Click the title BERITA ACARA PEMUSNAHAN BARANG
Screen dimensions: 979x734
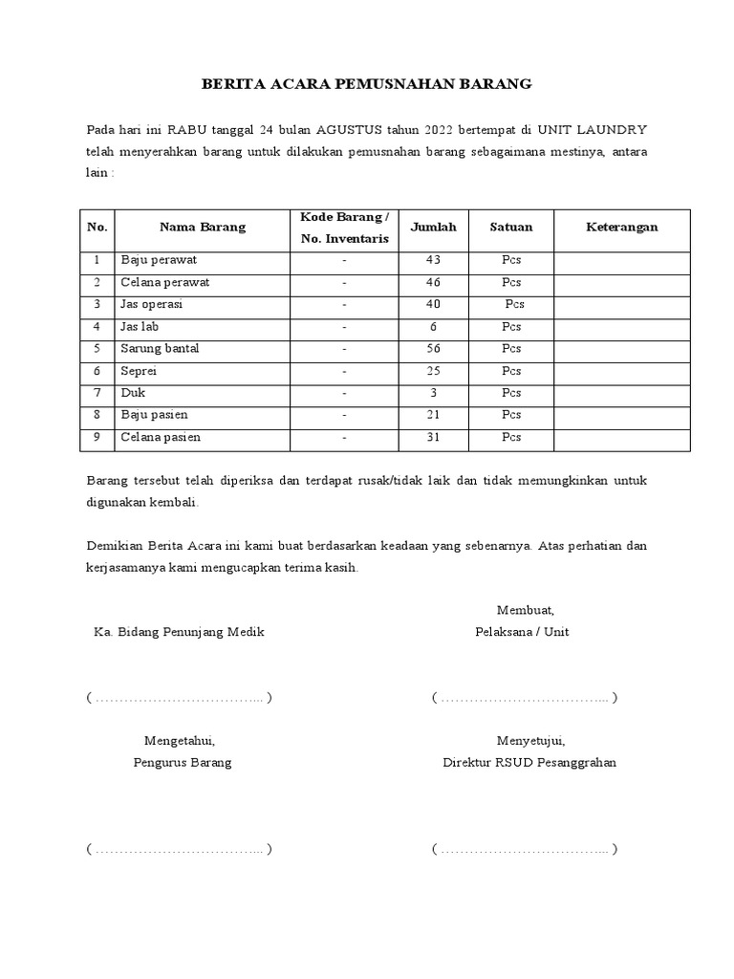click(x=366, y=84)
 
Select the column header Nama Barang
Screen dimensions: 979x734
click(x=202, y=228)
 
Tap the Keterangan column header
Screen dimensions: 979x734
click(x=621, y=228)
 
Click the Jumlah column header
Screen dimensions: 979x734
click(x=433, y=228)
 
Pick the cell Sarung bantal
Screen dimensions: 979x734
click(x=160, y=349)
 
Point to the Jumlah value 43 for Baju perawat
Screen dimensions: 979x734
click(x=433, y=260)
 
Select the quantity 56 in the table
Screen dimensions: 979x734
click(x=433, y=349)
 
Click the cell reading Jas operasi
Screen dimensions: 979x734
click(x=151, y=304)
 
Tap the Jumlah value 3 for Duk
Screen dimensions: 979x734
click(x=433, y=393)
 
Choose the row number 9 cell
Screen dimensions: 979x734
click(x=97, y=438)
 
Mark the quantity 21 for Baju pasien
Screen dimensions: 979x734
click(x=433, y=415)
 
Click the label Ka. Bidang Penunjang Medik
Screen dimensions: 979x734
click(x=179, y=632)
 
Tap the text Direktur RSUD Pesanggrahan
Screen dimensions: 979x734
click(x=529, y=763)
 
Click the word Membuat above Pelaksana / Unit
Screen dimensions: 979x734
click(x=525, y=610)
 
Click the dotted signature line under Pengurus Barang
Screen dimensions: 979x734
click(x=179, y=849)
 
